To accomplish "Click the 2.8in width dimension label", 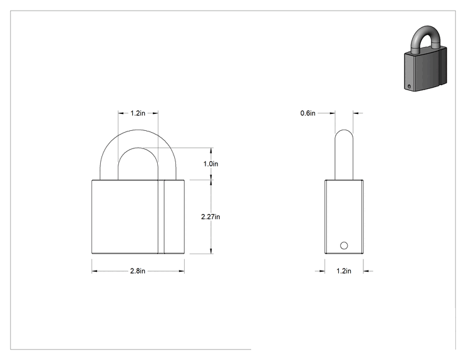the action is point(138,271).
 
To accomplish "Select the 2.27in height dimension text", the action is point(210,217).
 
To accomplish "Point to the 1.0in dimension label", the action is point(210,163).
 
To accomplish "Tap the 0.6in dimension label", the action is point(308,113).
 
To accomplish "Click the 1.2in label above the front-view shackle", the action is point(138,113).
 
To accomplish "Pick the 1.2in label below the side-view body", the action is point(344,271).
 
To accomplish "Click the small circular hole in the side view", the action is point(344,245).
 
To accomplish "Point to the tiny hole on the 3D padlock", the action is point(409,87).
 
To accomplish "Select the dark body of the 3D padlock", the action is point(425,69).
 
